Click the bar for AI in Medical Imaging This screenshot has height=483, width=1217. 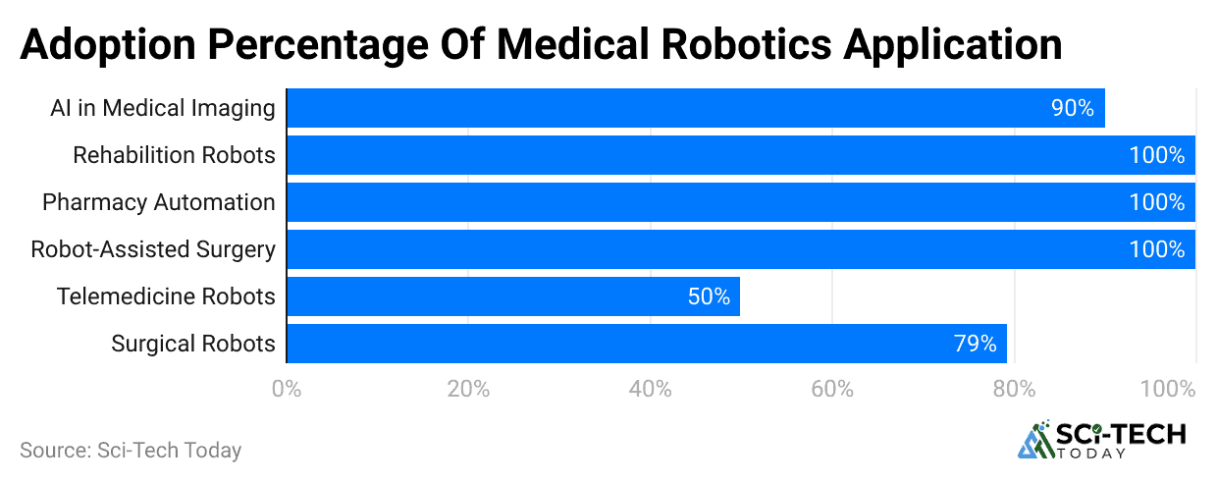point(695,108)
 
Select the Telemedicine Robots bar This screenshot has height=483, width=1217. point(512,296)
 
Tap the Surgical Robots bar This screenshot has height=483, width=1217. point(646,344)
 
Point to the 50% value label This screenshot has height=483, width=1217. point(709,296)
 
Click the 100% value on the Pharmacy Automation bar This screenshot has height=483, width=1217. point(1157,202)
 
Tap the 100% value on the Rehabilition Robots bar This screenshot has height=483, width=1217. point(1157,155)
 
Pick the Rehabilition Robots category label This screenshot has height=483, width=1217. point(174,155)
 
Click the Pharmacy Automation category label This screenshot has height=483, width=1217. point(158,202)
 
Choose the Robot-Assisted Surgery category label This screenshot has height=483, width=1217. point(153,249)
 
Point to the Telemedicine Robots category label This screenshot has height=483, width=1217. point(166,296)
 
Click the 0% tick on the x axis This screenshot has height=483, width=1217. point(286,389)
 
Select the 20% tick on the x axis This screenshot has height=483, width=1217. point(468,389)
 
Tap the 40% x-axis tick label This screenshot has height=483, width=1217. point(650,389)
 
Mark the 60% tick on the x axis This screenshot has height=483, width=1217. point(831,389)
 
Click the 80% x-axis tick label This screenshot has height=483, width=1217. point(1014,389)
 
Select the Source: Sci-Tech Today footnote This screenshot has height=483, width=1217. point(131,451)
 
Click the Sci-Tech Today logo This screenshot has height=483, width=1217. point(1101,441)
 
